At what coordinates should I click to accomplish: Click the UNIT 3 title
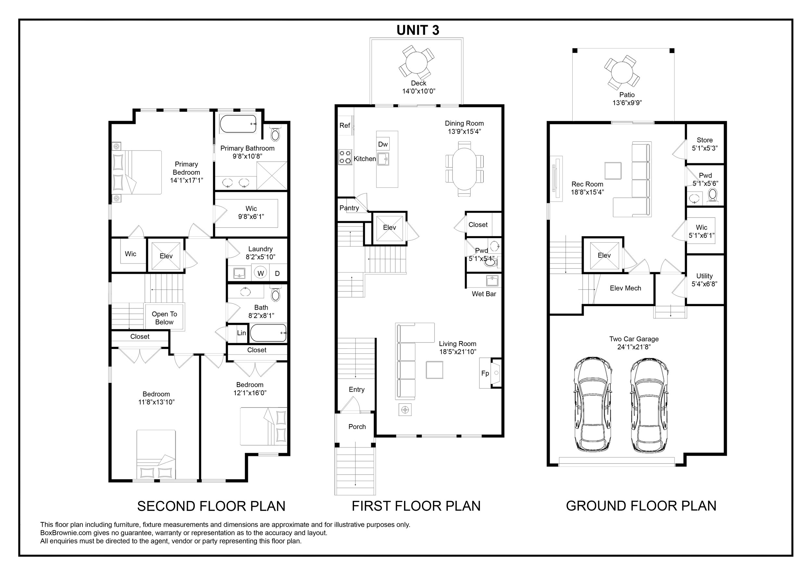click(418, 30)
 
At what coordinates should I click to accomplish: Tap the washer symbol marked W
click(260, 273)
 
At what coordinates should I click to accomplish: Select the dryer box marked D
click(278, 273)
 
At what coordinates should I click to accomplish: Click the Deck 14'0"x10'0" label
click(418, 87)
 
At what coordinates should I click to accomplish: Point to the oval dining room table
click(464, 169)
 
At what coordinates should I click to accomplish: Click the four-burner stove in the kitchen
click(345, 157)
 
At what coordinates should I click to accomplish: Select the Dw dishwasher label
click(383, 144)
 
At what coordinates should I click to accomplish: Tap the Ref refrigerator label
click(345, 125)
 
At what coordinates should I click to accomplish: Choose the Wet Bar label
click(484, 294)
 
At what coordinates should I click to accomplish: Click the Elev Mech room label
click(625, 288)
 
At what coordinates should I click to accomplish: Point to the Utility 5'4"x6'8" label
click(704, 280)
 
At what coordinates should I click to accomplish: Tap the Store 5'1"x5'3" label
click(704, 144)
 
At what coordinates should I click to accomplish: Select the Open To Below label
click(164, 318)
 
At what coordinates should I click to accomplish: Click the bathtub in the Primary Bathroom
click(238, 124)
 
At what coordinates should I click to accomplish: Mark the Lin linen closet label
click(242, 333)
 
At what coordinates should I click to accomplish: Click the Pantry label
click(349, 208)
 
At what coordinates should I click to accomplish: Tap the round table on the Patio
click(622, 73)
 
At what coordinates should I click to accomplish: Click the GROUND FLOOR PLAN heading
click(641, 506)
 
